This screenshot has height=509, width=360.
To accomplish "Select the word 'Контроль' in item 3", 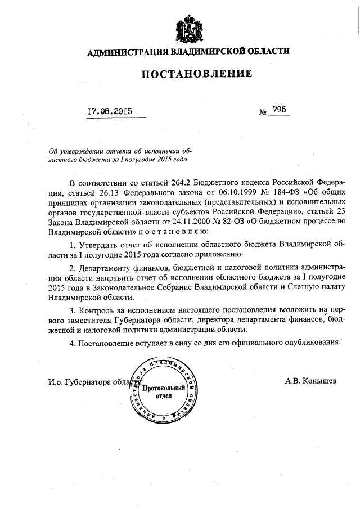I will [96, 310].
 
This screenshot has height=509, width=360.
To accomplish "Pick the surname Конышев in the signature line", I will [319, 381].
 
